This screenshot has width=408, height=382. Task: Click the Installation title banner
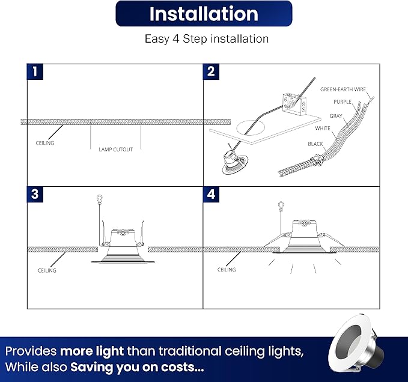coord(204,14)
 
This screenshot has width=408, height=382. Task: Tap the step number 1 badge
coord(35,71)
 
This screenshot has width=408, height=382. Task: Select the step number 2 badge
coord(211,71)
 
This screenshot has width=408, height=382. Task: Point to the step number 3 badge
coord(35,194)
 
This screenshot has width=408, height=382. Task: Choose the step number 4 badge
coord(211,194)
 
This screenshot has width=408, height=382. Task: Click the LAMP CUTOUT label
coord(116,150)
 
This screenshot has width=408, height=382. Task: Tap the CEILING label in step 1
coord(45,143)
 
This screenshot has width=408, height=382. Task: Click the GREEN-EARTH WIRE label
coord(343,89)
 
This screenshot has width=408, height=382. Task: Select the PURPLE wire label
coord(343,102)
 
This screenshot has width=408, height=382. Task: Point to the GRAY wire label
coord(336,116)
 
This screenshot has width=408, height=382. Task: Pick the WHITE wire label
coord(323,128)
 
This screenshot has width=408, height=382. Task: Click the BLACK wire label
coord(315,144)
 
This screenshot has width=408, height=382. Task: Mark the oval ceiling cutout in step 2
coord(251,128)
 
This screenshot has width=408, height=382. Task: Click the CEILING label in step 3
coord(47,271)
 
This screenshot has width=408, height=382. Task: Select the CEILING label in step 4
coord(227,270)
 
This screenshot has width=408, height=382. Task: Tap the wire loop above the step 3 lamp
coord(99,199)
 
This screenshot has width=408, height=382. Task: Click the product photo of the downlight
coord(356,343)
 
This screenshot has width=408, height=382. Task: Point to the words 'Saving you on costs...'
coord(137,368)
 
